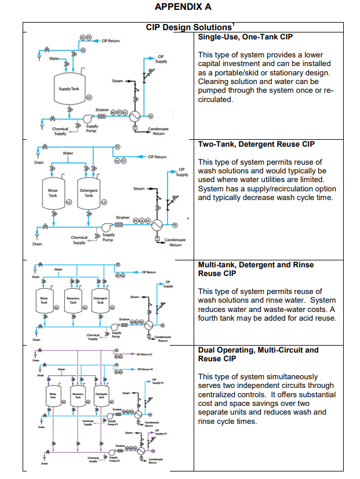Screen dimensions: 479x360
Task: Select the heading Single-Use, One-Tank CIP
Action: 245,37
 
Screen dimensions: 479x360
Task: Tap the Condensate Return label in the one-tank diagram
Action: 157,131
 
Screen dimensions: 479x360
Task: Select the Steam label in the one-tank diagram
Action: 118,81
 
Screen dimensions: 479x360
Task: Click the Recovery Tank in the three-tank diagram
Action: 73,300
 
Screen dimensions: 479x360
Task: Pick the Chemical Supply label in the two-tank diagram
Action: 79,240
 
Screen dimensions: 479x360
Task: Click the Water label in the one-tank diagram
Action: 54,59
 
